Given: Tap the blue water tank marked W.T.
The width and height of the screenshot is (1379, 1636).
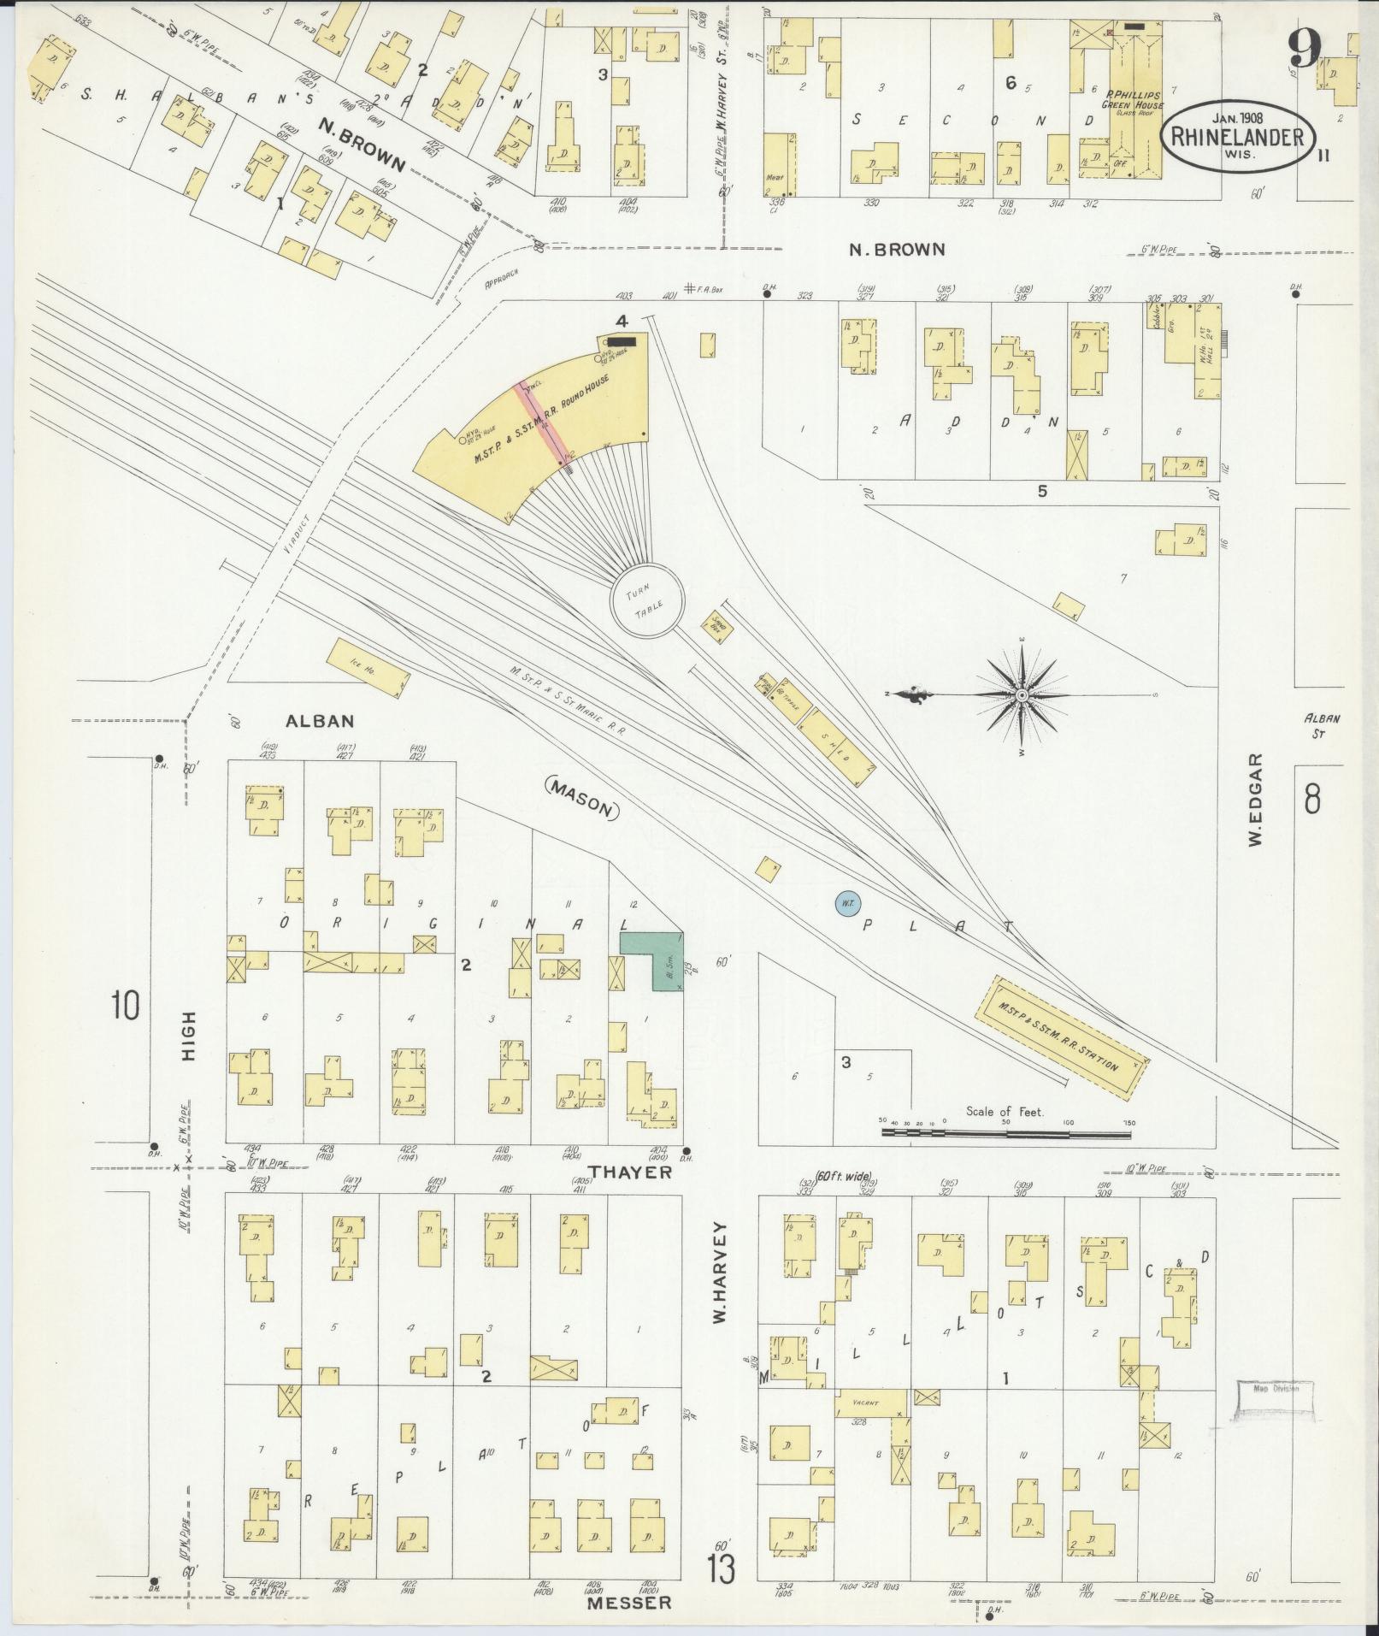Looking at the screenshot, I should pyautogui.click(x=846, y=903).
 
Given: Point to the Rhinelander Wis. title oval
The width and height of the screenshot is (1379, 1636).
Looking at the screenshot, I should pyautogui.click(x=1237, y=137).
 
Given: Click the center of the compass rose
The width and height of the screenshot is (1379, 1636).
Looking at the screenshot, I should pyautogui.click(x=1022, y=695).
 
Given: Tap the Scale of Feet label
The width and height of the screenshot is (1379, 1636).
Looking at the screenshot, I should pyautogui.click(x=1006, y=1111).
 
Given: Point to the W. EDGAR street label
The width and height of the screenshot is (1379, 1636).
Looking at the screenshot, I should pyautogui.click(x=1254, y=800).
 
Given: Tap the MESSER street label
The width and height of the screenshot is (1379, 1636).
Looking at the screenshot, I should pyautogui.click(x=628, y=1604).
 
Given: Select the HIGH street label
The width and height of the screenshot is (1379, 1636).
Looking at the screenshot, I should pyautogui.click(x=188, y=1037).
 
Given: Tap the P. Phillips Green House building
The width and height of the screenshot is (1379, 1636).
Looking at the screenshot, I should pyautogui.click(x=1133, y=120).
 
